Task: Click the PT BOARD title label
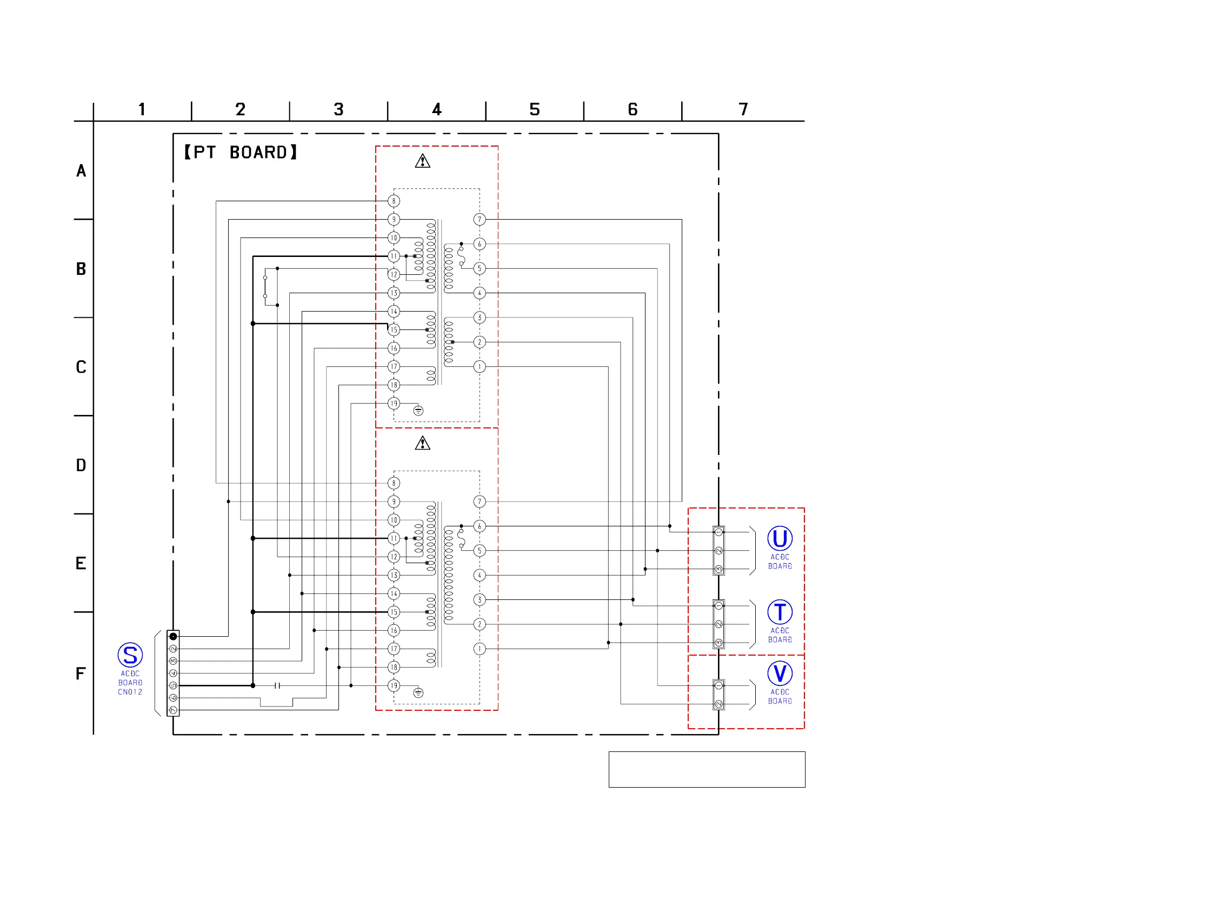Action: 241,153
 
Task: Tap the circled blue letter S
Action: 130,655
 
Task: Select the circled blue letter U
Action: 780,538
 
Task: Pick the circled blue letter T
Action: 780,612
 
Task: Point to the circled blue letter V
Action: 780,674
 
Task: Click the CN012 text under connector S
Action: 130,692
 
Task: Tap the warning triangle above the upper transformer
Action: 422,161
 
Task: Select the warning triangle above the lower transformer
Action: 422,443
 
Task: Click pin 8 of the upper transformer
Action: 394,201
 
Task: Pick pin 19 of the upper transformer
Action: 394,403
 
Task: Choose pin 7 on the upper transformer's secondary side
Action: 479,220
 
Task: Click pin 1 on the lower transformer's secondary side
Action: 479,649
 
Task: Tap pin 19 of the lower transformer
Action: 394,685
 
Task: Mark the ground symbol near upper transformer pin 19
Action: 418,411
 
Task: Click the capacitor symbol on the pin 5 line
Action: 277,685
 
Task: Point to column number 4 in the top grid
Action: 436,110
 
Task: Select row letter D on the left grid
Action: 81,465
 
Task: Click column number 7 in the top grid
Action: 743,110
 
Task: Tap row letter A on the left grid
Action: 81,171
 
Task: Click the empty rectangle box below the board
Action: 706,769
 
